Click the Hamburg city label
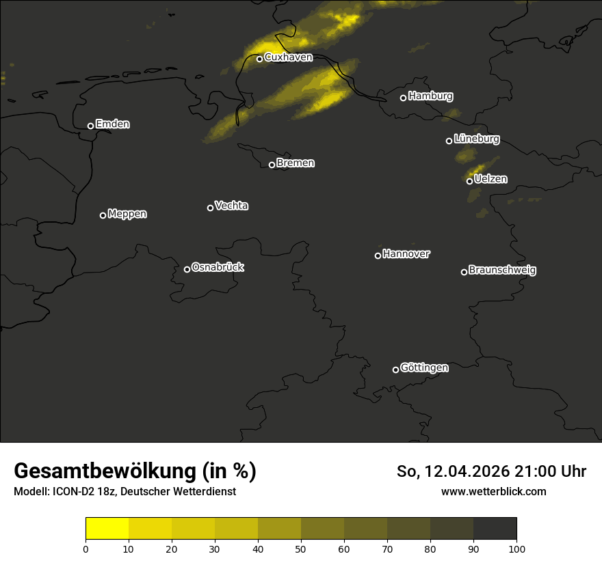pos(430,96)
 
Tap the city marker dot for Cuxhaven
pos(260,59)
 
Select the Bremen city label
pos(296,163)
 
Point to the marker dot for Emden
pos(90,126)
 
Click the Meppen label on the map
pos(127,214)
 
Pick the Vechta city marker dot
pos(210,208)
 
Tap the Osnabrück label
pos(218,267)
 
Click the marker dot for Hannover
pos(378,255)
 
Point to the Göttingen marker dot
pos(395,370)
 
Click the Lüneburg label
pos(476,139)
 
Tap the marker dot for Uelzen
pos(469,181)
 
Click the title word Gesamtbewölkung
pos(103,471)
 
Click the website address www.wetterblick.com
pos(493,491)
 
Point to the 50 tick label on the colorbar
pos(301,548)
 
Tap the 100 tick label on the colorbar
pos(516,548)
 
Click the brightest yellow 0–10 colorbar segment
pos(107,529)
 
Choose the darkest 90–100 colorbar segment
pos(495,529)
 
